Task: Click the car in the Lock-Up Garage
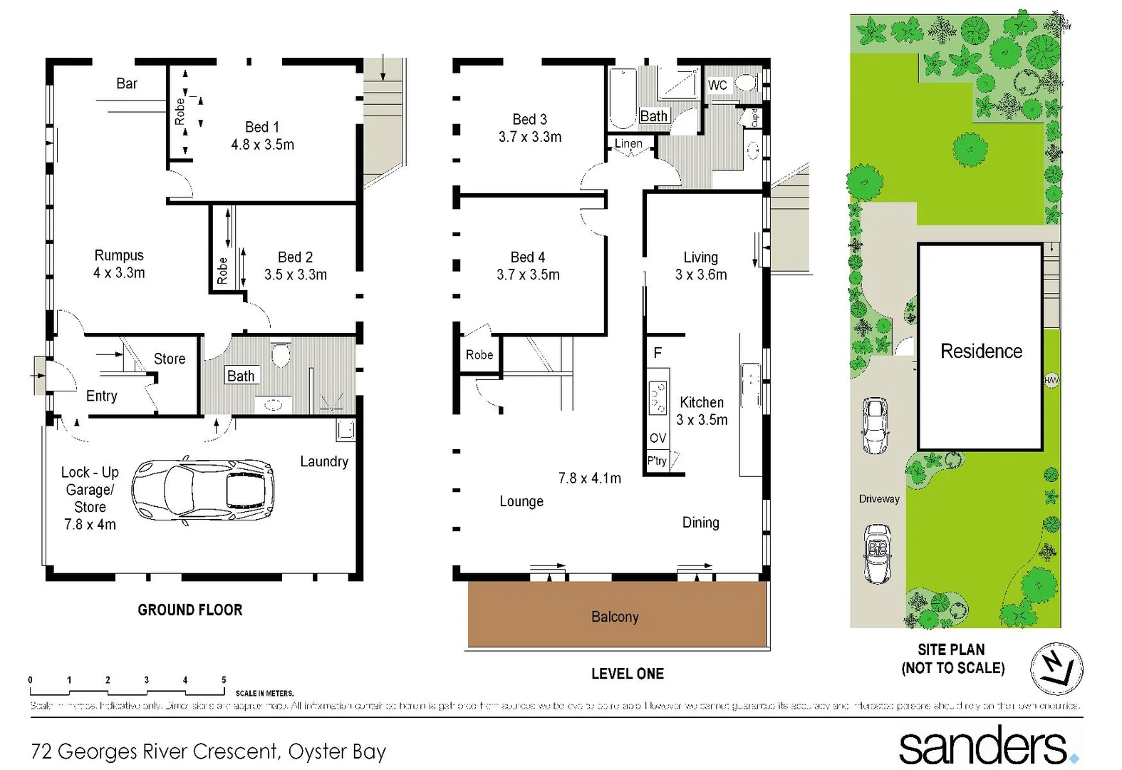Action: [x=204, y=491]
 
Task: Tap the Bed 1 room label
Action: [x=262, y=135]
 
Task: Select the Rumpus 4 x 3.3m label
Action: [x=119, y=264]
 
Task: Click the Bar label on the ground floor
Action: [x=127, y=83]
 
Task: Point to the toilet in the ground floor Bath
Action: [x=280, y=354]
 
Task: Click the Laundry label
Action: [x=324, y=461]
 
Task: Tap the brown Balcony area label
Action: [x=615, y=617]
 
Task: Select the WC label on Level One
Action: [x=717, y=86]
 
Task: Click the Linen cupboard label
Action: [x=628, y=143]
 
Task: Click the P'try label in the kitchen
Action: [x=657, y=461]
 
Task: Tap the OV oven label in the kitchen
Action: [x=658, y=438]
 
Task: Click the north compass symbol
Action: [x=1056, y=668]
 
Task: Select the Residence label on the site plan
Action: [x=981, y=351]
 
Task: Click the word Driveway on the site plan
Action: [x=879, y=498]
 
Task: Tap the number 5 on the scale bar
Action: [x=224, y=680]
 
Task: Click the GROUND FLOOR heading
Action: [x=190, y=610]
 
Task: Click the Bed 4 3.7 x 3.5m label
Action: [x=528, y=266]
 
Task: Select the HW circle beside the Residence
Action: [x=1051, y=380]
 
